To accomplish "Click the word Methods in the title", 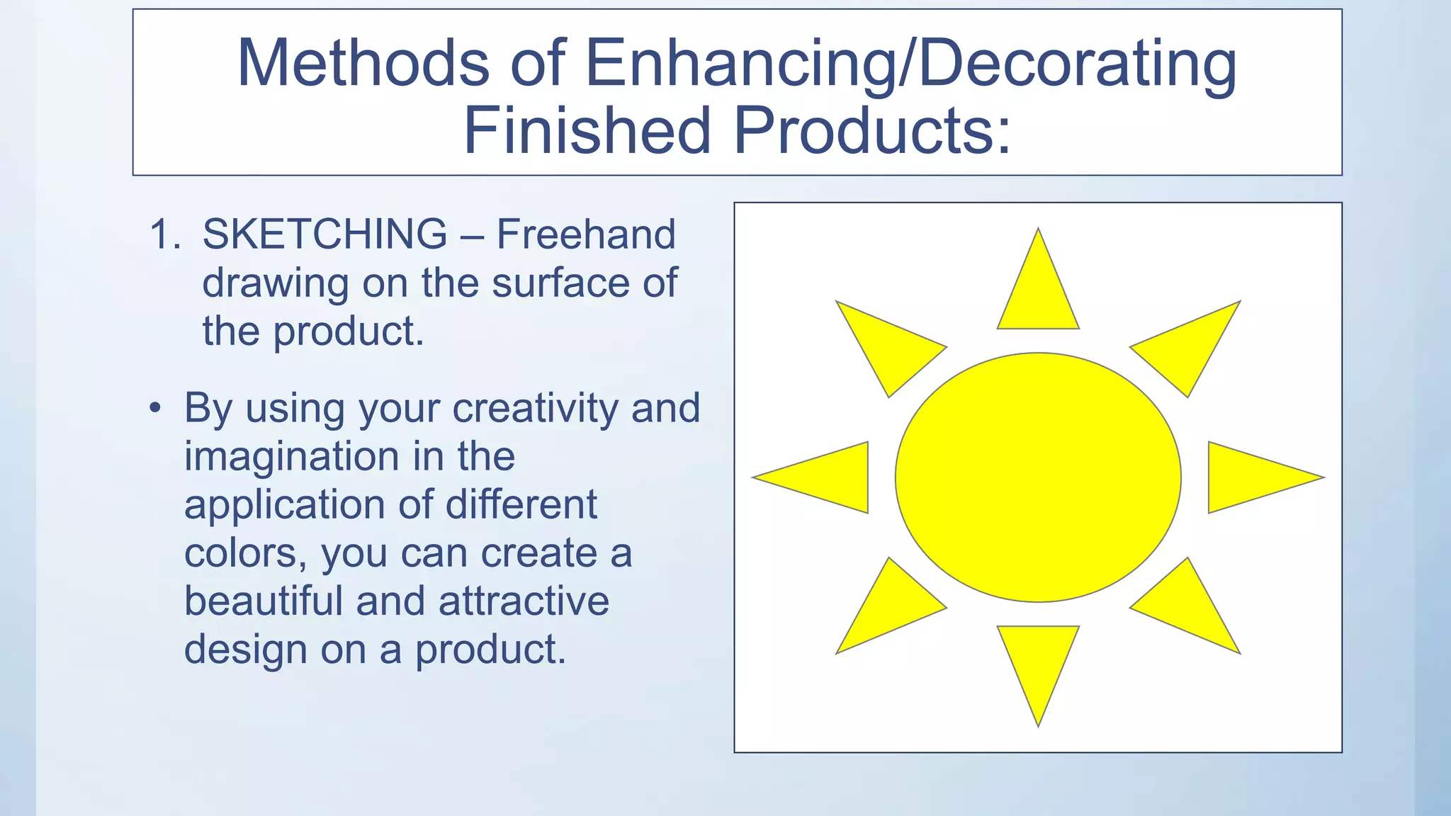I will [x=363, y=64].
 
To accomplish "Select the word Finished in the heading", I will [x=587, y=130].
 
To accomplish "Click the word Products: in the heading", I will [x=872, y=130].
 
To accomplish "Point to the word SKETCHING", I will [x=324, y=234].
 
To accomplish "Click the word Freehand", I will [x=586, y=234].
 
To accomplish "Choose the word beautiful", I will [x=264, y=601].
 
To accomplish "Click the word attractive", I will [x=524, y=601].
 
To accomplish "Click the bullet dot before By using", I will [x=156, y=409].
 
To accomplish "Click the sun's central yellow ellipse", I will [x=1038, y=477].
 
